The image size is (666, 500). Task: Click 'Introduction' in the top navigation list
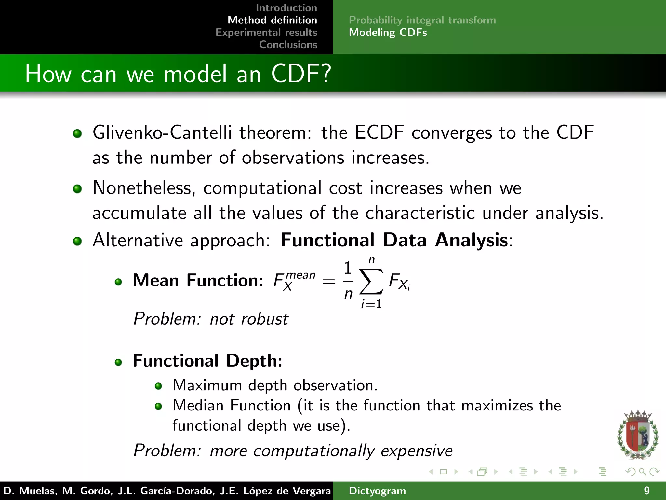point(286,8)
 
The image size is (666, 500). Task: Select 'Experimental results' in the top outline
point(266,32)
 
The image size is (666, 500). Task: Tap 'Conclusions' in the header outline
point(288,45)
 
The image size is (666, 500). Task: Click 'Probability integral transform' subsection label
point(422,20)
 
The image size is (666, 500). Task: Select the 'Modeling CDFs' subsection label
point(388,33)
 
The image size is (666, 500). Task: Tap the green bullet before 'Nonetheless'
point(77,189)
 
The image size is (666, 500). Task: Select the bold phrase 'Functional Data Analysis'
point(394,240)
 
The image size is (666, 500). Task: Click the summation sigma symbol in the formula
point(371,281)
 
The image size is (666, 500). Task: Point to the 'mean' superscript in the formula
point(300,275)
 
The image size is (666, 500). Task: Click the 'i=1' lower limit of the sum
point(371,304)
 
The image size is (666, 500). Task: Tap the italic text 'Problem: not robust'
point(211,319)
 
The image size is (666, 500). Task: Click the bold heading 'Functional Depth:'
point(207,361)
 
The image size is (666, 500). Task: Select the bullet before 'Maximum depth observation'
point(158,386)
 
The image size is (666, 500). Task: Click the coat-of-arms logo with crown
point(637,435)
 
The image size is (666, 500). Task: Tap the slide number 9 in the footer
point(646,491)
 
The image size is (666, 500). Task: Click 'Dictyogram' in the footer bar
point(377,491)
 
